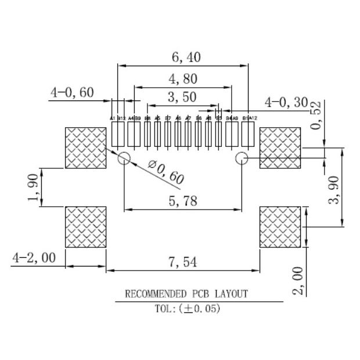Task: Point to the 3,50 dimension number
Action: [182, 97]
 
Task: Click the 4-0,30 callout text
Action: [286, 102]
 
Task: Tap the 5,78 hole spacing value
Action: [182, 201]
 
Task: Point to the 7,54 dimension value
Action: [182, 262]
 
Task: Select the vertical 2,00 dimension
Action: [297, 280]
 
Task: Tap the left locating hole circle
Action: [124, 159]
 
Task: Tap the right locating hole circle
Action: [242, 159]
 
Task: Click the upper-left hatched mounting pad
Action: [85, 148]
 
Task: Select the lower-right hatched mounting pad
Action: [280, 226]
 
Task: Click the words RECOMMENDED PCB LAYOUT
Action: [186, 294]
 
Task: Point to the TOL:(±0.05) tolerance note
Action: [187, 309]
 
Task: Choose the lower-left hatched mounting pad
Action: [85, 226]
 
